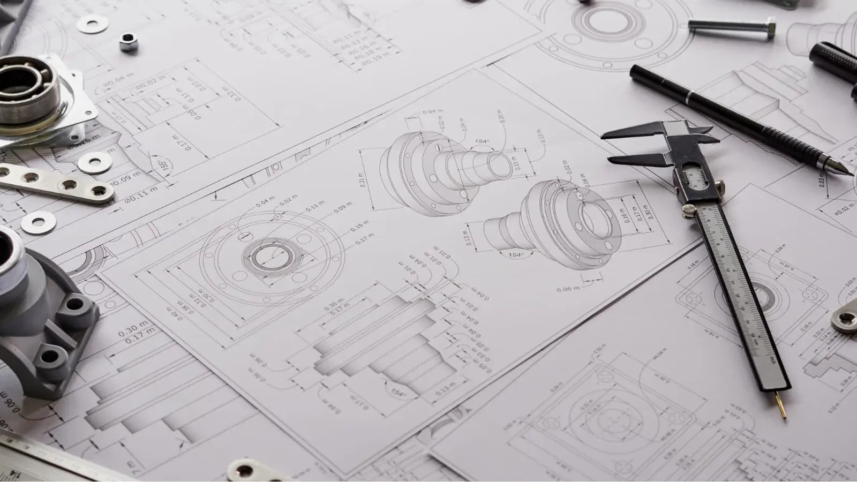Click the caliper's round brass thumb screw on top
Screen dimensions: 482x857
coord(719,188)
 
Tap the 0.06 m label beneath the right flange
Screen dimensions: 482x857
coord(568,289)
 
